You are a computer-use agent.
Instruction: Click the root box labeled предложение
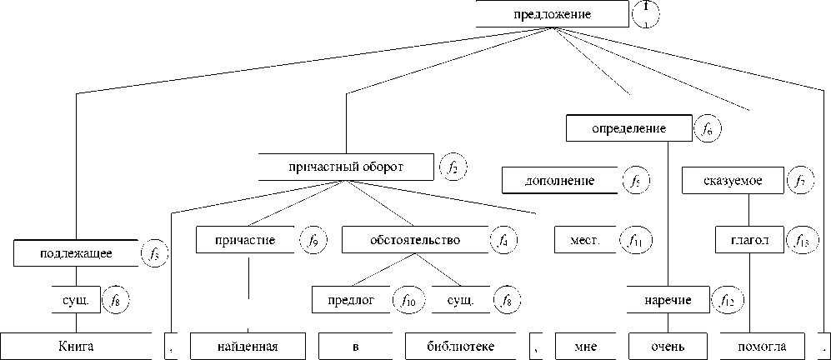(552, 14)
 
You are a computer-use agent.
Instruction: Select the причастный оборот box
(346, 167)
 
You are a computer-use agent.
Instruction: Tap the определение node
(628, 129)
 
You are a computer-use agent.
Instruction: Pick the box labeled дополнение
(559, 181)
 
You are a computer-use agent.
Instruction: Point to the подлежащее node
(75, 252)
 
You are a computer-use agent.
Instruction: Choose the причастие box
(248, 241)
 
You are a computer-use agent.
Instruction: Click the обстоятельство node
(414, 241)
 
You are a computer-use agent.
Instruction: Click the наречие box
(668, 299)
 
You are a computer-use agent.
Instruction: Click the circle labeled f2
(453, 167)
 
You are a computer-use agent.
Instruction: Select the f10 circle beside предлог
(408, 299)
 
